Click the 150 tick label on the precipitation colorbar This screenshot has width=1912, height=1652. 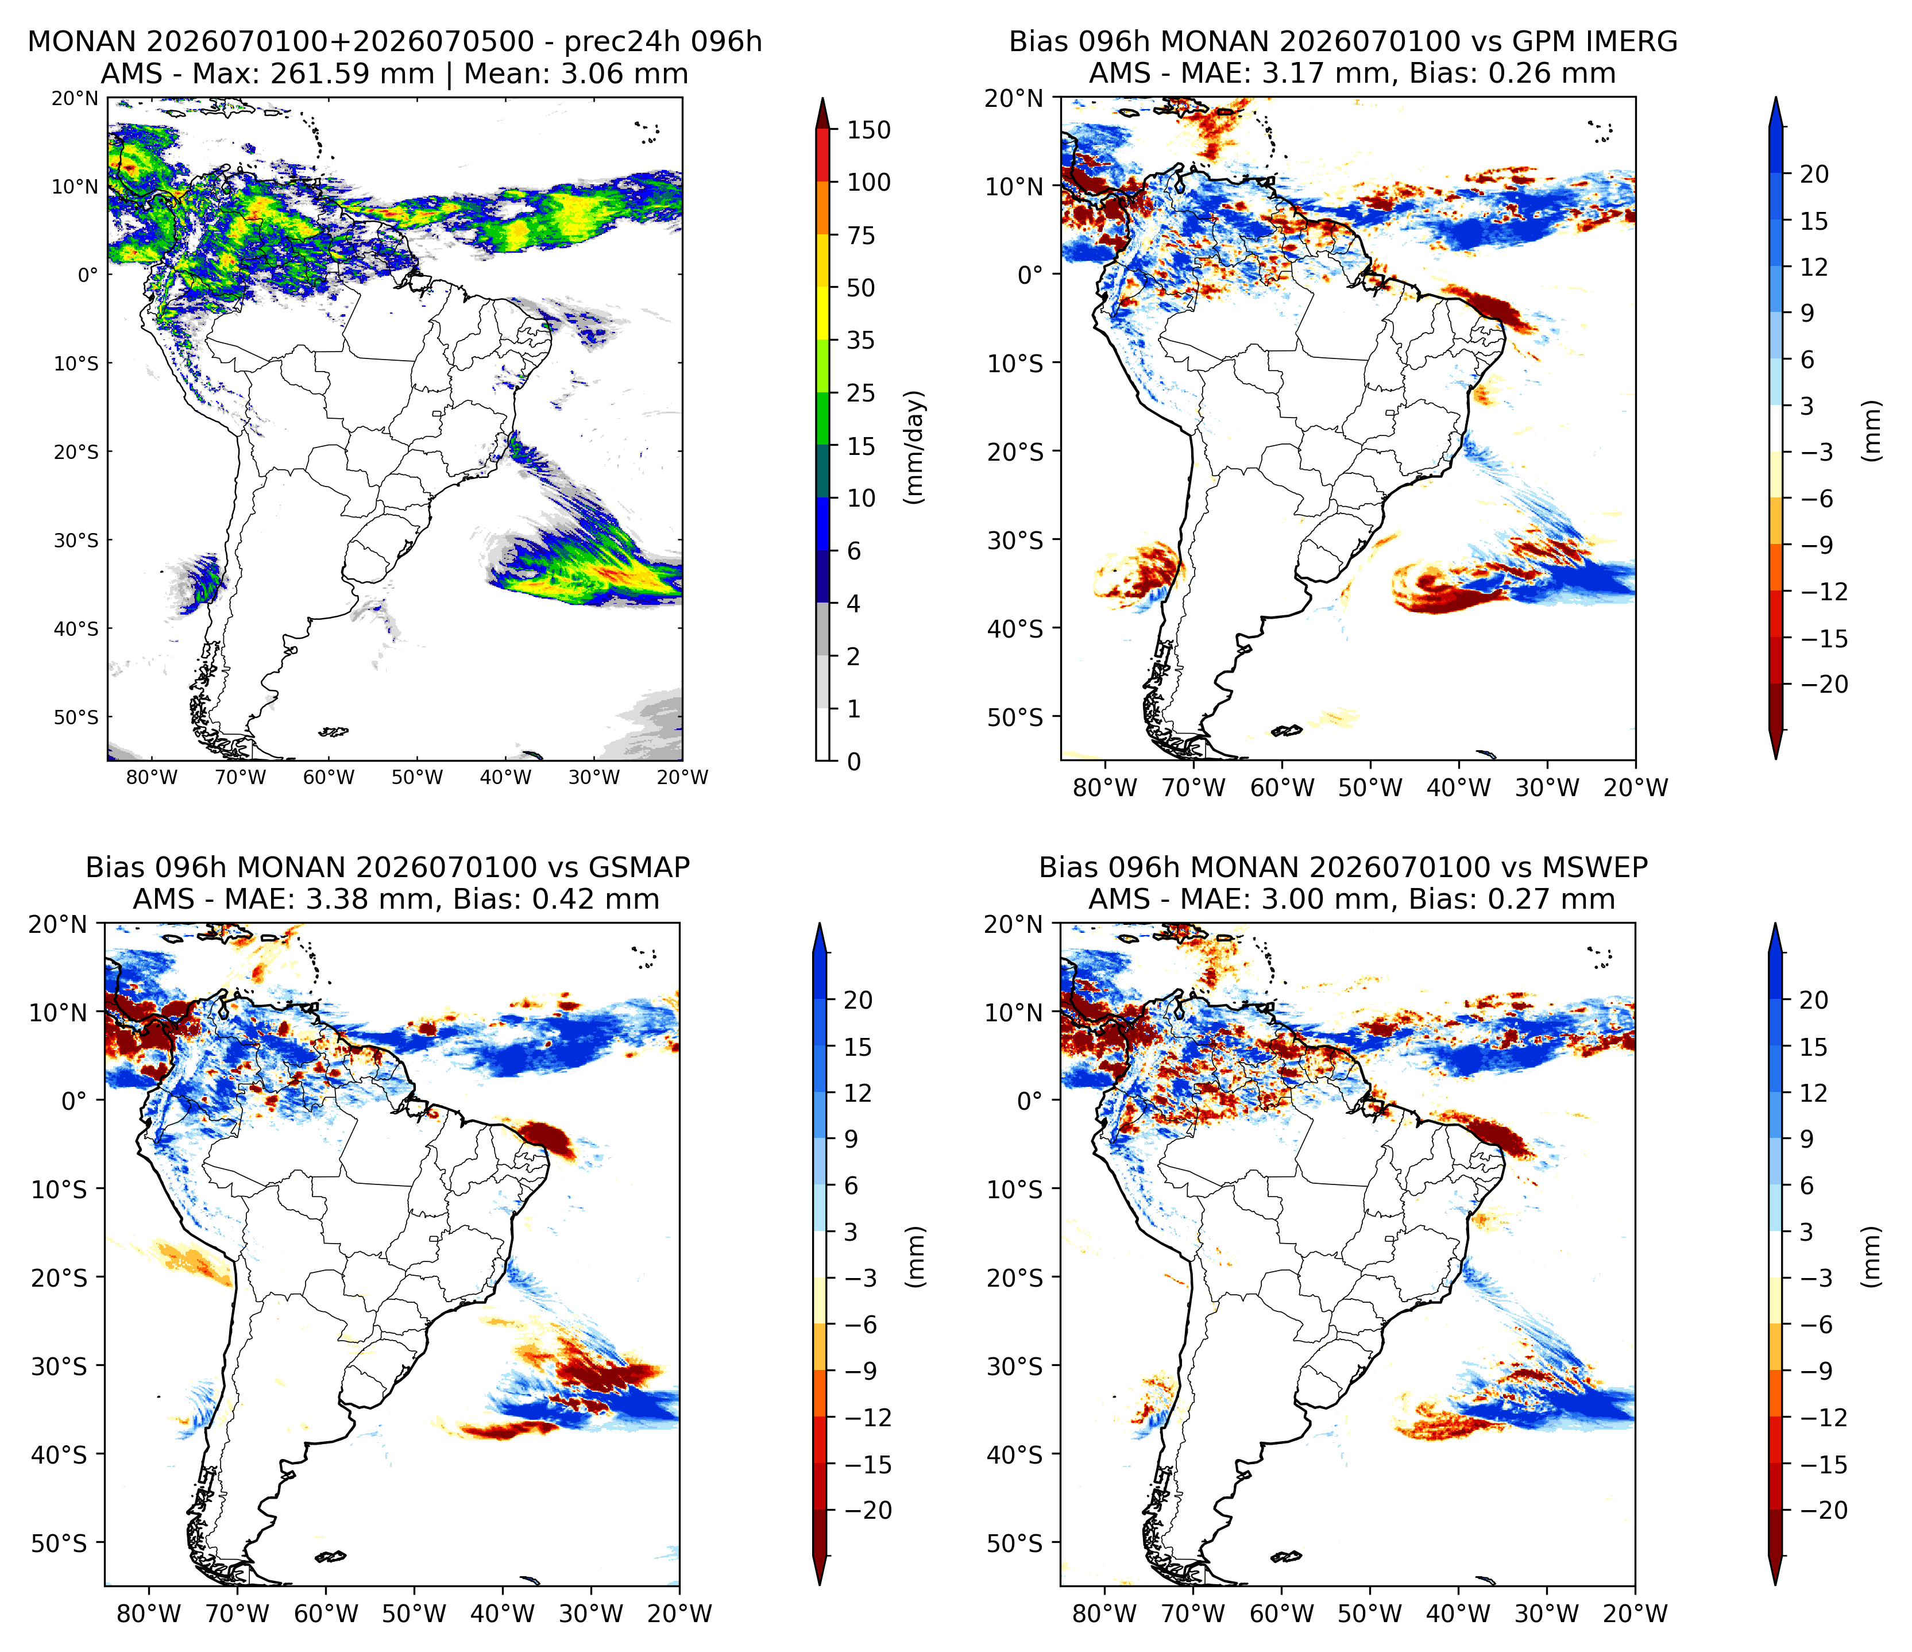pos(868,130)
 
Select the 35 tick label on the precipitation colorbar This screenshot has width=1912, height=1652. pos(861,341)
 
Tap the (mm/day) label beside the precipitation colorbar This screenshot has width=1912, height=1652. pos(914,447)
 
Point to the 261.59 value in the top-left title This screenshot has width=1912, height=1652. pos(352,74)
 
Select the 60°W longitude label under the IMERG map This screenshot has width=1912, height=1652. pos(1283,788)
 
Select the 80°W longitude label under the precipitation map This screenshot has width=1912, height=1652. pos(151,777)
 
